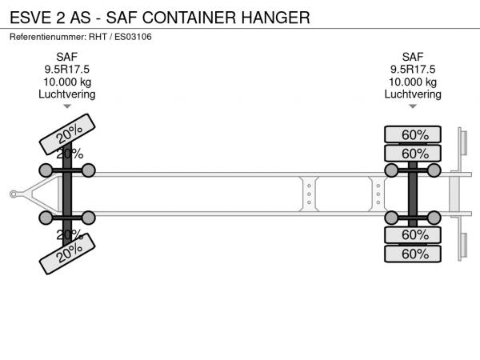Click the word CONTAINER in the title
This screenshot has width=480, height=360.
(x=189, y=18)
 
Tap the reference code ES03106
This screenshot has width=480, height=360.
(x=133, y=37)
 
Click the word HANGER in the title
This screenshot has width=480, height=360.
(x=275, y=18)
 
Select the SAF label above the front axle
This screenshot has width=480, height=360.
(x=66, y=57)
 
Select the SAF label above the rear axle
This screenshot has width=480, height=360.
(x=413, y=57)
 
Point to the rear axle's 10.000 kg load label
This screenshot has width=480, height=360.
(x=413, y=82)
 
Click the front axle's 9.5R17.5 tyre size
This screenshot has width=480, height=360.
(x=66, y=69)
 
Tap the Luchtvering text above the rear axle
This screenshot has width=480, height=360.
(x=413, y=94)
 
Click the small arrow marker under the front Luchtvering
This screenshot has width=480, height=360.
(x=67, y=106)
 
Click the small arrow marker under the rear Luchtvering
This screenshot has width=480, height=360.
(x=413, y=106)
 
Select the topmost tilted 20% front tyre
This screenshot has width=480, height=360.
(x=67, y=134)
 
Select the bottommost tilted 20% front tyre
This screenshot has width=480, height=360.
(x=67, y=254)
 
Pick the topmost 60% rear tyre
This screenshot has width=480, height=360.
(x=413, y=134)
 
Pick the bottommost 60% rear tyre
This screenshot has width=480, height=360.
(x=413, y=254)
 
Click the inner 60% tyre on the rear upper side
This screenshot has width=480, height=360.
(x=413, y=153)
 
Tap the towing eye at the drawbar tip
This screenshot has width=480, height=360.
(x=13, y=194)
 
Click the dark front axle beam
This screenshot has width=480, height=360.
(x=67, y=194)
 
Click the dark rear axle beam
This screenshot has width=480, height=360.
(x=413, y=194)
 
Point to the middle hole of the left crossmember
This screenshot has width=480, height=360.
(x=309, y=194)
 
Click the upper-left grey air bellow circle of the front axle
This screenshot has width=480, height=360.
(x=46, y=170)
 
